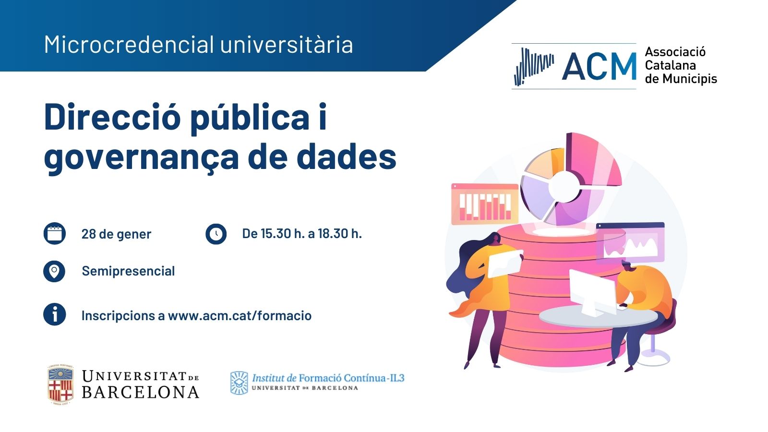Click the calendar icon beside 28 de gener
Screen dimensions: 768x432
55,233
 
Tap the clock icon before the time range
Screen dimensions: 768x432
216,234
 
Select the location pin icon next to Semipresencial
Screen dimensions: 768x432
54,271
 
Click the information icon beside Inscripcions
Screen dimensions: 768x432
55,314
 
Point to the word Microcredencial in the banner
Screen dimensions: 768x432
129,45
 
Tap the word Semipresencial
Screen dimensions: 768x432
128,271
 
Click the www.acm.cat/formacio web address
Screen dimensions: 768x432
240,315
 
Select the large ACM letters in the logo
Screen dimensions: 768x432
599,67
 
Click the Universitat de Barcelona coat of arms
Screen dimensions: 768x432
60,384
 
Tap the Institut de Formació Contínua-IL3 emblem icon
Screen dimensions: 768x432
239,383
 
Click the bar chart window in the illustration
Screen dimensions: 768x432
485,204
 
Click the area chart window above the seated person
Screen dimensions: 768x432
630,243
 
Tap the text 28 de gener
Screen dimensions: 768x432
116,234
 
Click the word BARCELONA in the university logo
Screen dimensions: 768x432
141,392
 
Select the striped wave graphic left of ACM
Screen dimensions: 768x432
534,67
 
